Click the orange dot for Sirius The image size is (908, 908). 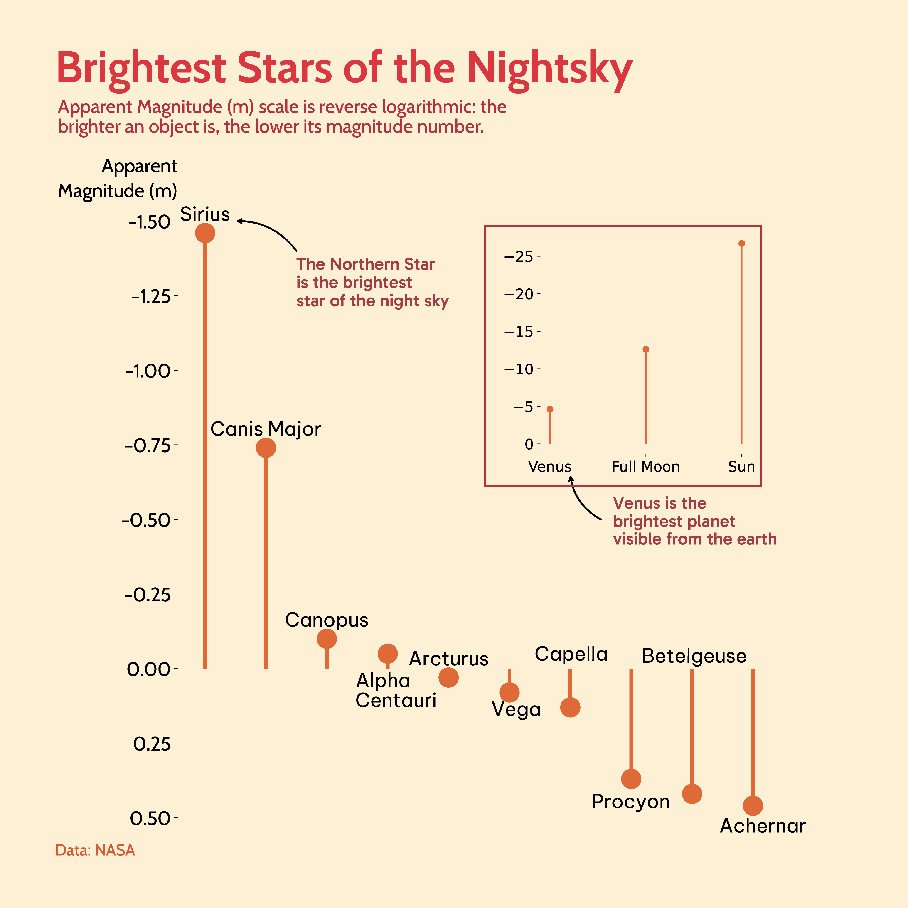click(205, 233)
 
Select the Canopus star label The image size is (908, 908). click(327, 620)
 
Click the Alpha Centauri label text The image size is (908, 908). click(396, 690)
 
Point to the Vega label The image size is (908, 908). click(516, 709)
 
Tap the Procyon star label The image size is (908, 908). click(630, 801)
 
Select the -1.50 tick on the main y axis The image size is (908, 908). click(150, 222)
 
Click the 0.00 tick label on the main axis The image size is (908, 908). click(148, 669)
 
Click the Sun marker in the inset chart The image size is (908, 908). click(742, 244)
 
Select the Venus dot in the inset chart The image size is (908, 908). click(550, 409)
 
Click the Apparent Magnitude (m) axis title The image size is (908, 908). click(118, 179)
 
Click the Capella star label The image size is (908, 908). click(571, 654)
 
